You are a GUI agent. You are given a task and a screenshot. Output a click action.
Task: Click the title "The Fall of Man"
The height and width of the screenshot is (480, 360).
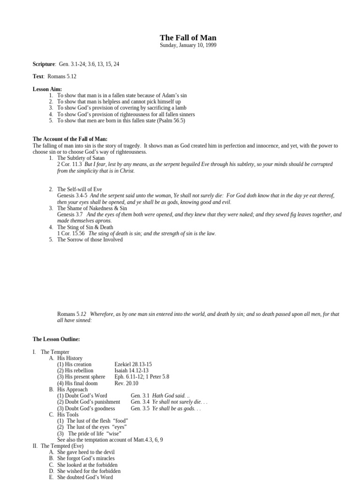(x=188, y=37)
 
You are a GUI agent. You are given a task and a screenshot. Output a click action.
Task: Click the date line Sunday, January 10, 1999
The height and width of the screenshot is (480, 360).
(x=188, y=45)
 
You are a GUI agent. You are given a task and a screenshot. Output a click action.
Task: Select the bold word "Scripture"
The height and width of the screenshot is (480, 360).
(x=44, y=64)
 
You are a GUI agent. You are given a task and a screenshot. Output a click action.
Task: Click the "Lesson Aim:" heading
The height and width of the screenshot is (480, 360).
(x=47, y=89)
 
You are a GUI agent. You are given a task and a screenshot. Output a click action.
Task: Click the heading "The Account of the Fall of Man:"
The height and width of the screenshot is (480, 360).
(x=70, y=139)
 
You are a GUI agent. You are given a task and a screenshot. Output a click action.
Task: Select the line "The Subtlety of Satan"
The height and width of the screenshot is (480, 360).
(x=81, y=158)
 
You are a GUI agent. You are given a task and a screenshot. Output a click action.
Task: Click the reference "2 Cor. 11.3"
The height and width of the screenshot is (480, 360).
(x=69, y=165)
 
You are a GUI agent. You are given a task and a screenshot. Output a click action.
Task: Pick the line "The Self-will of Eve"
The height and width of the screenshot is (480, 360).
(x=79, y=189)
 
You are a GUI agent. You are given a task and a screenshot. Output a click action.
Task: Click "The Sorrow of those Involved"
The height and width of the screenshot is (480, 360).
(x=90, y=240)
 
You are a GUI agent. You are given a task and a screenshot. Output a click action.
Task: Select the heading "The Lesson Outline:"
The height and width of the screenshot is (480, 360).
(x=56, y=339)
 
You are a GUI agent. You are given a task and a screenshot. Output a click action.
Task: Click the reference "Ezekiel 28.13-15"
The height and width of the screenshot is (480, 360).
(x=133, y=364)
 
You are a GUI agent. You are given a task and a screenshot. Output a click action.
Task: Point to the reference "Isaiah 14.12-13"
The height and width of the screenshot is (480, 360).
(x=132, y=370)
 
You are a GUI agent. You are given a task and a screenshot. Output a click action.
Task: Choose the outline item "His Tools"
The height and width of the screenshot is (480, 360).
(x=68, y=414)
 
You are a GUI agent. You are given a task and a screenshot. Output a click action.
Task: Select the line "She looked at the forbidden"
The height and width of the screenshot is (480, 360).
(x=87, y=465)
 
